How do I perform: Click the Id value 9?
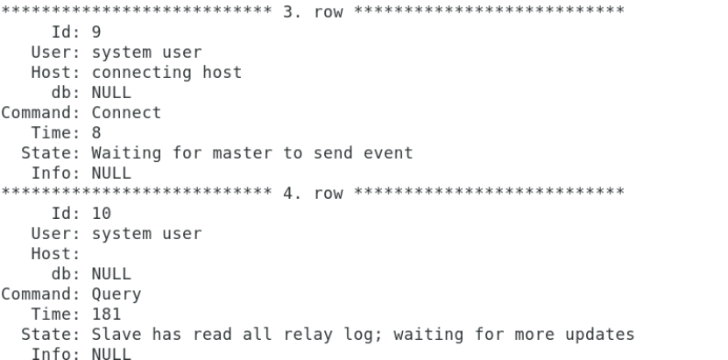[x=96, y=32]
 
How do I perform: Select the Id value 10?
[x=102, y=214]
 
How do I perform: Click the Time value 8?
[x=96, y=132]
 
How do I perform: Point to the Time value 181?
[x=106, y=314]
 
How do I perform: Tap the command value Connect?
[x=126, y=113]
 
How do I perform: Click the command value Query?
[x=117, y=294]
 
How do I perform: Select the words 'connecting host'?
[x=166, y=73]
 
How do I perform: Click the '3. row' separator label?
[x=313, y=12]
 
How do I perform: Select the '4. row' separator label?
[x=313, y=193]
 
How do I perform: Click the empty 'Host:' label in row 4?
[x=56, y=254]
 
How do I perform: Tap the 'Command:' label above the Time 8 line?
[x=41, y=113]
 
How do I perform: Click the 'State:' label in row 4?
[x=51, y=334]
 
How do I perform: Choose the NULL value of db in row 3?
[x=111, y=93]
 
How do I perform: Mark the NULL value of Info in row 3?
[x=111, y=173]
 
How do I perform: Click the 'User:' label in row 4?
[x=56, y=233]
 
